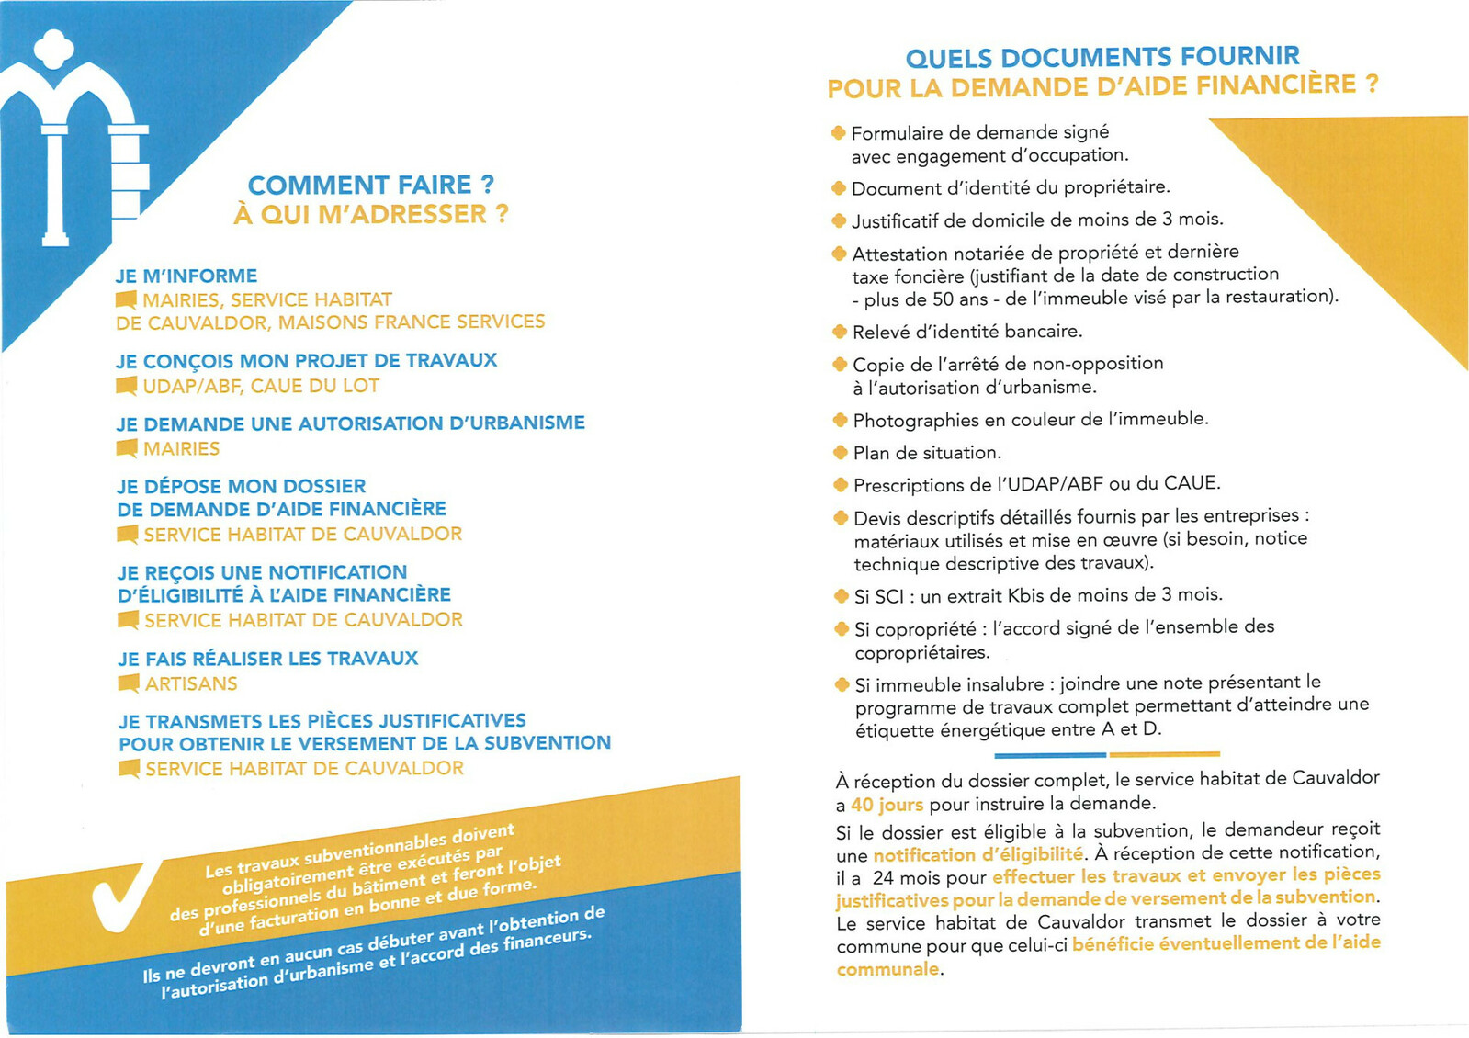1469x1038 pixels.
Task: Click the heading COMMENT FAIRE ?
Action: tap(370, 185)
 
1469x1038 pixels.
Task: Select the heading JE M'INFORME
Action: tap(186, 276)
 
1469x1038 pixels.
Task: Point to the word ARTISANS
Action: tap(191, 683)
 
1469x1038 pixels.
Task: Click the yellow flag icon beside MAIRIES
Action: tap(127, 448)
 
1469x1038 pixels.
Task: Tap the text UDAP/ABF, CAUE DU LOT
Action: tap(261, 386)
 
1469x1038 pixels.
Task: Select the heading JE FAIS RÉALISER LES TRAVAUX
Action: tap(267, 659)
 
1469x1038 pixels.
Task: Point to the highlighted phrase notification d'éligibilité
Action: tap(977, 854)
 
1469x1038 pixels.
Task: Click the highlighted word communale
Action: tap(887, 969)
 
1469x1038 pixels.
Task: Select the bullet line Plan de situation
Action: tap(927, 453)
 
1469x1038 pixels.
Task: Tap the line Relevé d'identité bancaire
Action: tap(967, 332)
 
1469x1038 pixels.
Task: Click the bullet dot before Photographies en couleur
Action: tap(840, 421)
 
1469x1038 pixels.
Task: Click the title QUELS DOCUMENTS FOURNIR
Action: tap(1102, 57)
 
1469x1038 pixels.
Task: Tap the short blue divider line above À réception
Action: tap(1049, 755)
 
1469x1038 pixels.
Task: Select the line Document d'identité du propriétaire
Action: tap(1011, 188)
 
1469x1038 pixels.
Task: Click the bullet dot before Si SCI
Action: tap(841, 596)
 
